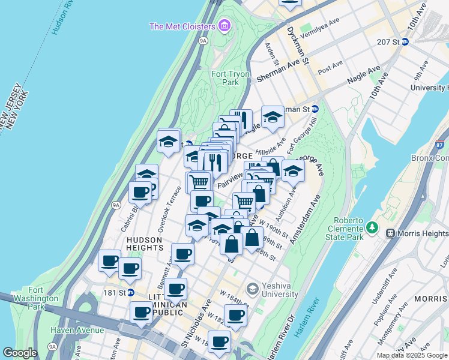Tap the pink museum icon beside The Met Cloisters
click(x=224, y=26)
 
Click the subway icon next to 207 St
click(x=405, y=42)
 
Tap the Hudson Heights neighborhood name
click(x=143, y=243)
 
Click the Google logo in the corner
click(x=20, y=353)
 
